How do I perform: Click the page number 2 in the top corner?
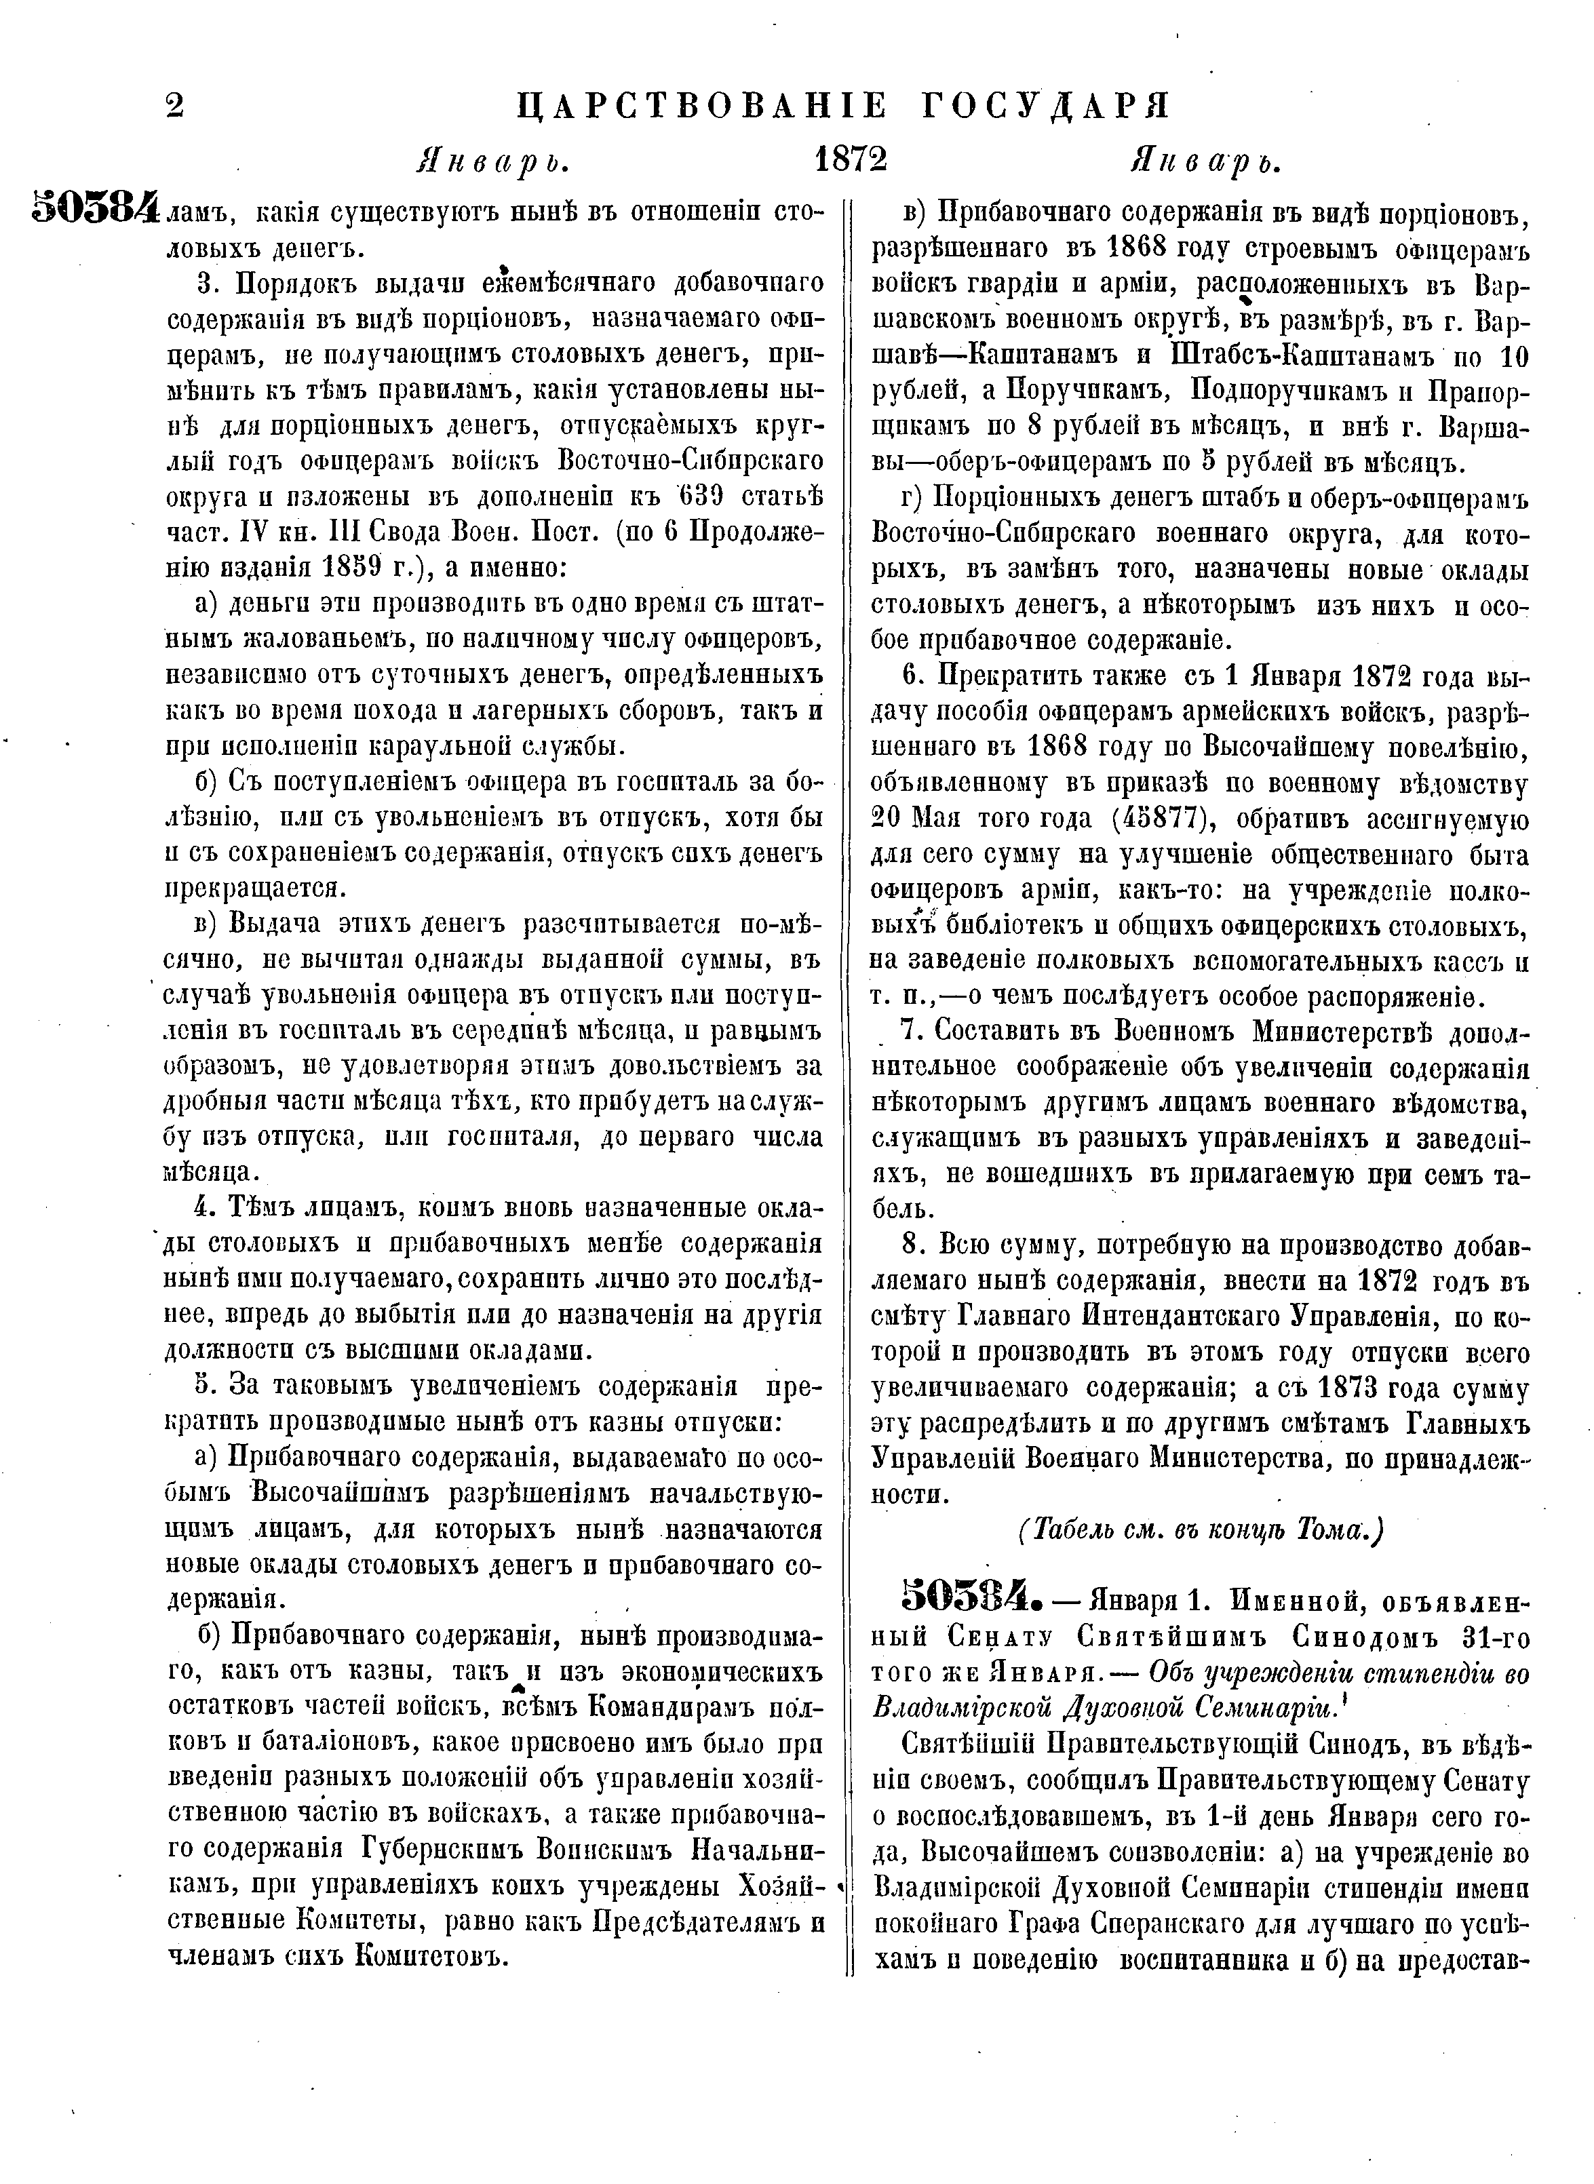174,104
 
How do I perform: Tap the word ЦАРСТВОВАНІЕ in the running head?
703,105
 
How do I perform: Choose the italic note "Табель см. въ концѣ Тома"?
1201,1531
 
